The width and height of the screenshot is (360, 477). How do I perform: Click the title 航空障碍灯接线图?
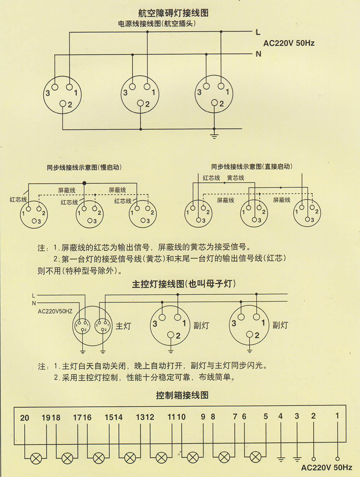(x=173, y=13)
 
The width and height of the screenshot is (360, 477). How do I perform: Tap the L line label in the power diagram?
(x=258, y=32)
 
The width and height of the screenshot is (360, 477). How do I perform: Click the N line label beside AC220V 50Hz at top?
(x=258, y=54)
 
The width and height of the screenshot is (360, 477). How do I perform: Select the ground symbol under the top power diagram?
(x=214, y=136)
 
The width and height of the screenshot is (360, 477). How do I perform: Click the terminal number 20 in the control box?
(x=24, y=418)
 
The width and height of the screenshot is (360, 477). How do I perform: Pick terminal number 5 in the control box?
(x=266, y=417)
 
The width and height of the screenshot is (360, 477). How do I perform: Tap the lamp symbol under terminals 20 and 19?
(x=36, y=458)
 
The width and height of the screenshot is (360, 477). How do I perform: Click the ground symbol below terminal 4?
(x=281, y=459)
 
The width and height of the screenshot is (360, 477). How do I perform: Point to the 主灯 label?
(x=123, y=326)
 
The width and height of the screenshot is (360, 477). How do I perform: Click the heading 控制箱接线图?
(x=182, y=395)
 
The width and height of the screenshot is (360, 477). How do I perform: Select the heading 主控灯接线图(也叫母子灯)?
(x=184, y=284)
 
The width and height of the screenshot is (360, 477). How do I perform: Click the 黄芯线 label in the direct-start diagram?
(x=235, y=178)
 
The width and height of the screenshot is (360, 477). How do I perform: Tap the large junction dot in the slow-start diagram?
(x=84, y=183)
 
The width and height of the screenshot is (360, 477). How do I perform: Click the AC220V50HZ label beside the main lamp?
(x=55, y=311)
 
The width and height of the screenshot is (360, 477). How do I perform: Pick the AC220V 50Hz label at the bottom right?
(x=327, y=468)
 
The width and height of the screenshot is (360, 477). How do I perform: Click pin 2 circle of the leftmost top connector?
(x=63, y=104)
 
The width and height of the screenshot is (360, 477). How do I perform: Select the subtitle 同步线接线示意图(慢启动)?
(x=84, y=167)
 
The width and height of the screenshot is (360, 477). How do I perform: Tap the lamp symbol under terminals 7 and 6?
(x=256, y=458)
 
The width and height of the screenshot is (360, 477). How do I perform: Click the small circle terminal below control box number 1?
(x=337, y=459)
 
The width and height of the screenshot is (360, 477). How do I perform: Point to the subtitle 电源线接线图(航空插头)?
(x=157, y=24)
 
